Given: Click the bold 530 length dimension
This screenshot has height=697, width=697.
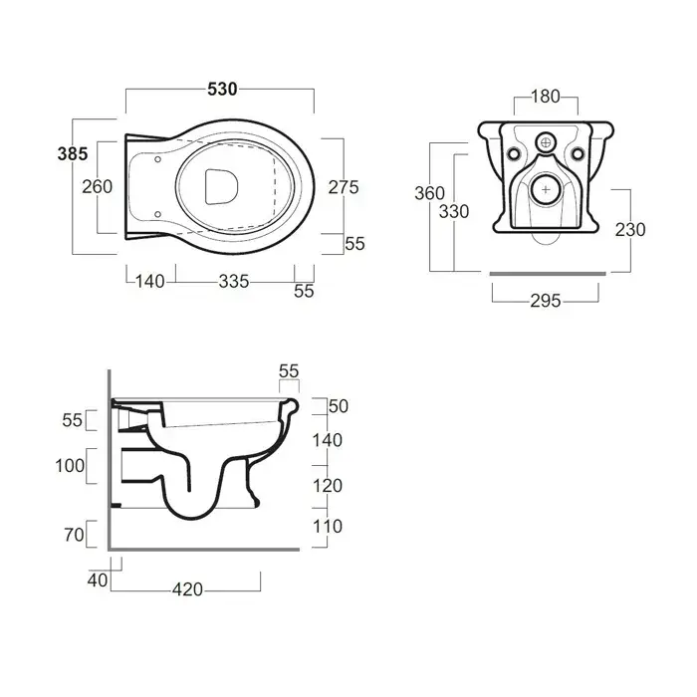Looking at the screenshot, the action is (x=222, y=90).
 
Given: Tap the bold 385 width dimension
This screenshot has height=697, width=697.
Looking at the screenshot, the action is (x=73, y=153).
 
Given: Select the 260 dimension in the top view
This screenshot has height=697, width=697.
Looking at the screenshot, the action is (x=97, y=187).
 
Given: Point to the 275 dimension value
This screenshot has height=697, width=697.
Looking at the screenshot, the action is (x=344, y=187).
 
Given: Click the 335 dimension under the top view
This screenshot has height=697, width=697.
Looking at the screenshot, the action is (x=233, y=282).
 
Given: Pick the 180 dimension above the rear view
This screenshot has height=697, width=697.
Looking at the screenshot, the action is (x=546, y=97).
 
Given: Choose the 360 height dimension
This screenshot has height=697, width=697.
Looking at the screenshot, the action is (x=429, y=193).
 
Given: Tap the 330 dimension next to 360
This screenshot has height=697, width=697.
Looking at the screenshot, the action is (x=454, y=211).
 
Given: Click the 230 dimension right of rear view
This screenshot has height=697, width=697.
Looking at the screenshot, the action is (x=630, y=230).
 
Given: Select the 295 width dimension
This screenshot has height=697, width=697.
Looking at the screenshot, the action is (x=546, y=301).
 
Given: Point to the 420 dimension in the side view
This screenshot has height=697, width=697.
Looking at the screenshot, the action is (x=187, y=589).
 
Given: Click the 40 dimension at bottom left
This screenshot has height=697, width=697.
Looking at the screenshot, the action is (x=98, y=581).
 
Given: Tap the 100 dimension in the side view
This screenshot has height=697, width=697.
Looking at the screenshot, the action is (x=70, y=466).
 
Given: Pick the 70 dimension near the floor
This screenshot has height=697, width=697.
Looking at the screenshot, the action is (x=74, y=535).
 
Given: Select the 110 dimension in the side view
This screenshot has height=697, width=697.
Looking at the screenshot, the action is (x=328, y=527).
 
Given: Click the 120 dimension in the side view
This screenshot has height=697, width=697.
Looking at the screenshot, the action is (x=328, y=486).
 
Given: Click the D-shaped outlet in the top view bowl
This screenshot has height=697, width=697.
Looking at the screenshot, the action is (x=221, y=187).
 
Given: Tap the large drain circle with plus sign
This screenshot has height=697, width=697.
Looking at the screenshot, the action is (x=546, y=190).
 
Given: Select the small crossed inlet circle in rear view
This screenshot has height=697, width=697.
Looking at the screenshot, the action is (x=547, y=142).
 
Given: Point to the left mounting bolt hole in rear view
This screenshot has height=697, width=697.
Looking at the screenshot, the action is (x=514, y=154).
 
